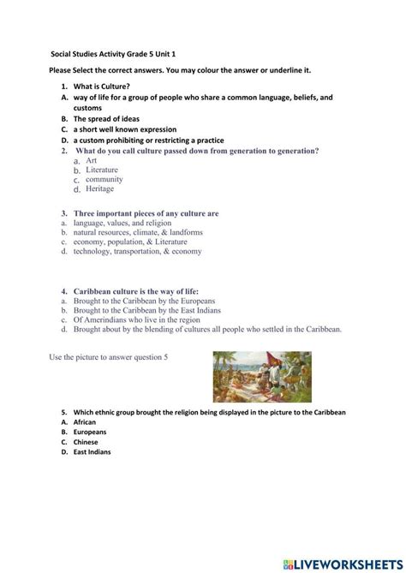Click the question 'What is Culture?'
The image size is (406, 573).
(102, 87)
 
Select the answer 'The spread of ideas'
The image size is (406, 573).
(106, 119)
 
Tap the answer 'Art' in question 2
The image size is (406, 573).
(92, 160)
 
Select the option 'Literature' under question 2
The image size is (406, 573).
(102, 170)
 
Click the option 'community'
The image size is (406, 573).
(104, 179)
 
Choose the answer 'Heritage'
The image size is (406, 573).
(100, 188)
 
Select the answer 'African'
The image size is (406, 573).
(85, 422)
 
